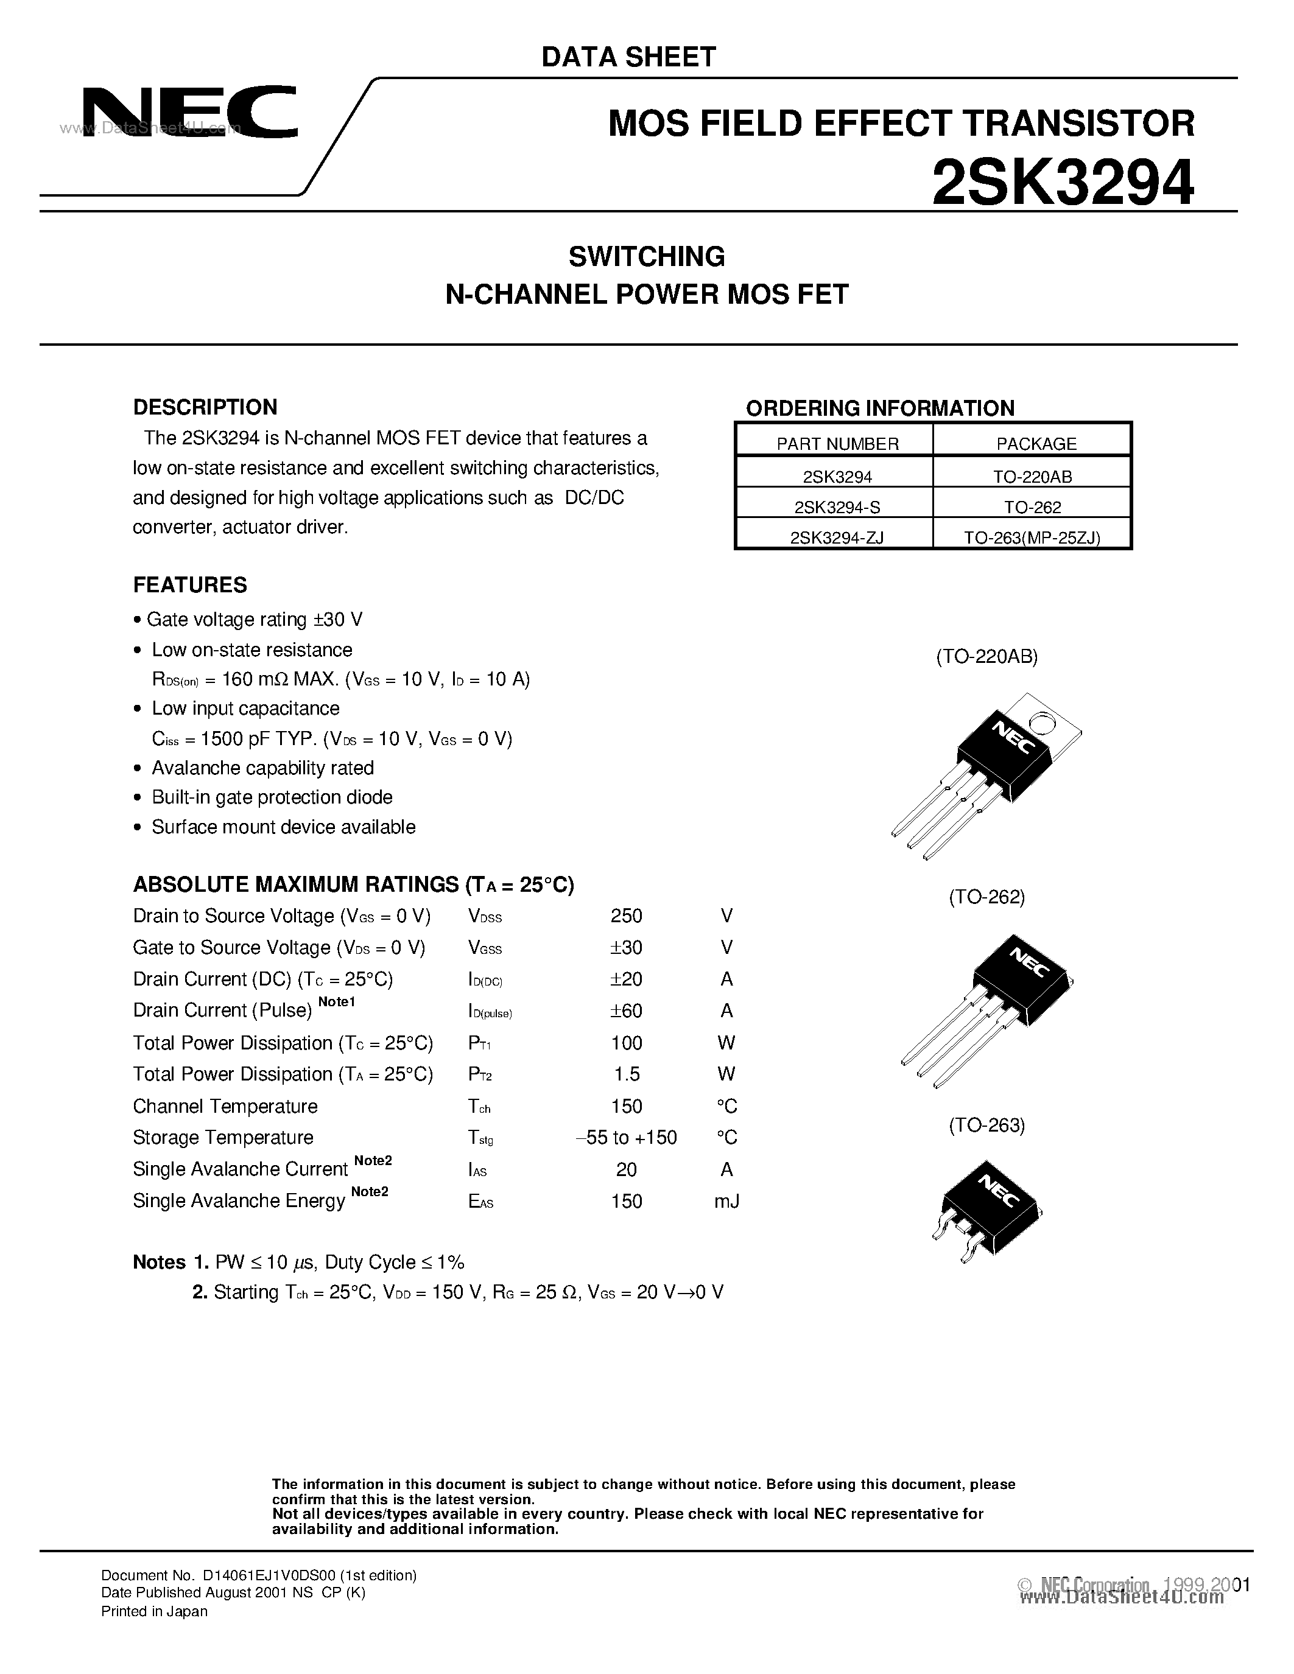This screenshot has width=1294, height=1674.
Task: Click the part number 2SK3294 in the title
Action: pos(1062,184)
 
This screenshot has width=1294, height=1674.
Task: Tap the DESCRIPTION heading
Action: pos(205,407)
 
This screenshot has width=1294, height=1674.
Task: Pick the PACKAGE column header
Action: pos(1036,444)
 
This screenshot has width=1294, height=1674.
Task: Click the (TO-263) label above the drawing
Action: pos(986,1125)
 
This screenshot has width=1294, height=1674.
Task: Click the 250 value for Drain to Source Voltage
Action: pos(627,916)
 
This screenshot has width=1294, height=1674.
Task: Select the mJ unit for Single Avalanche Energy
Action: pos(726,1201)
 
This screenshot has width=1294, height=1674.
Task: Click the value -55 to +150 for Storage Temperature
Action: pos(627,1138)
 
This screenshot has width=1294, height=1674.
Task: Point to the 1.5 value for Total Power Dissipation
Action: pos(627,1074)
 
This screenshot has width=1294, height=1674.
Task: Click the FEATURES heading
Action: pos(190,585)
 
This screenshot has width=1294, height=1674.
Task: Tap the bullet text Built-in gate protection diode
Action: pos(272,797)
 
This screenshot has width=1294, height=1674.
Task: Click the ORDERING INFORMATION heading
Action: pos(880,408)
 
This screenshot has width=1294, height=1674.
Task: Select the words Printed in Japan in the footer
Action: pos(154,1611)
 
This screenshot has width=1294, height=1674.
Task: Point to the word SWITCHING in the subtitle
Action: pos(646,257)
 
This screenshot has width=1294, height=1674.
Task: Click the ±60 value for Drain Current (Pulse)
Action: pos(627,1011)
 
